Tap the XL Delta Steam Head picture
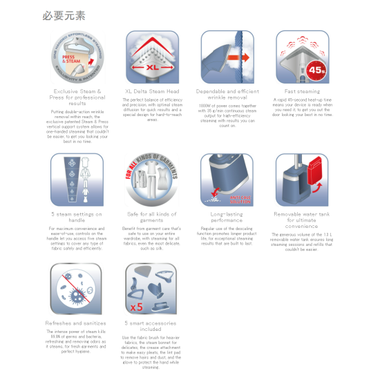coord(151,57)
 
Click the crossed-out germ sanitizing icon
coord(77,288)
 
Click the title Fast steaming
coord(302,91)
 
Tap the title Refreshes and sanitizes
coord(77,323)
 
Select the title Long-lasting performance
coord(227,218)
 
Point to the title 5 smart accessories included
coord(151,326)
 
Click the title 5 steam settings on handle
coord(77,218)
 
